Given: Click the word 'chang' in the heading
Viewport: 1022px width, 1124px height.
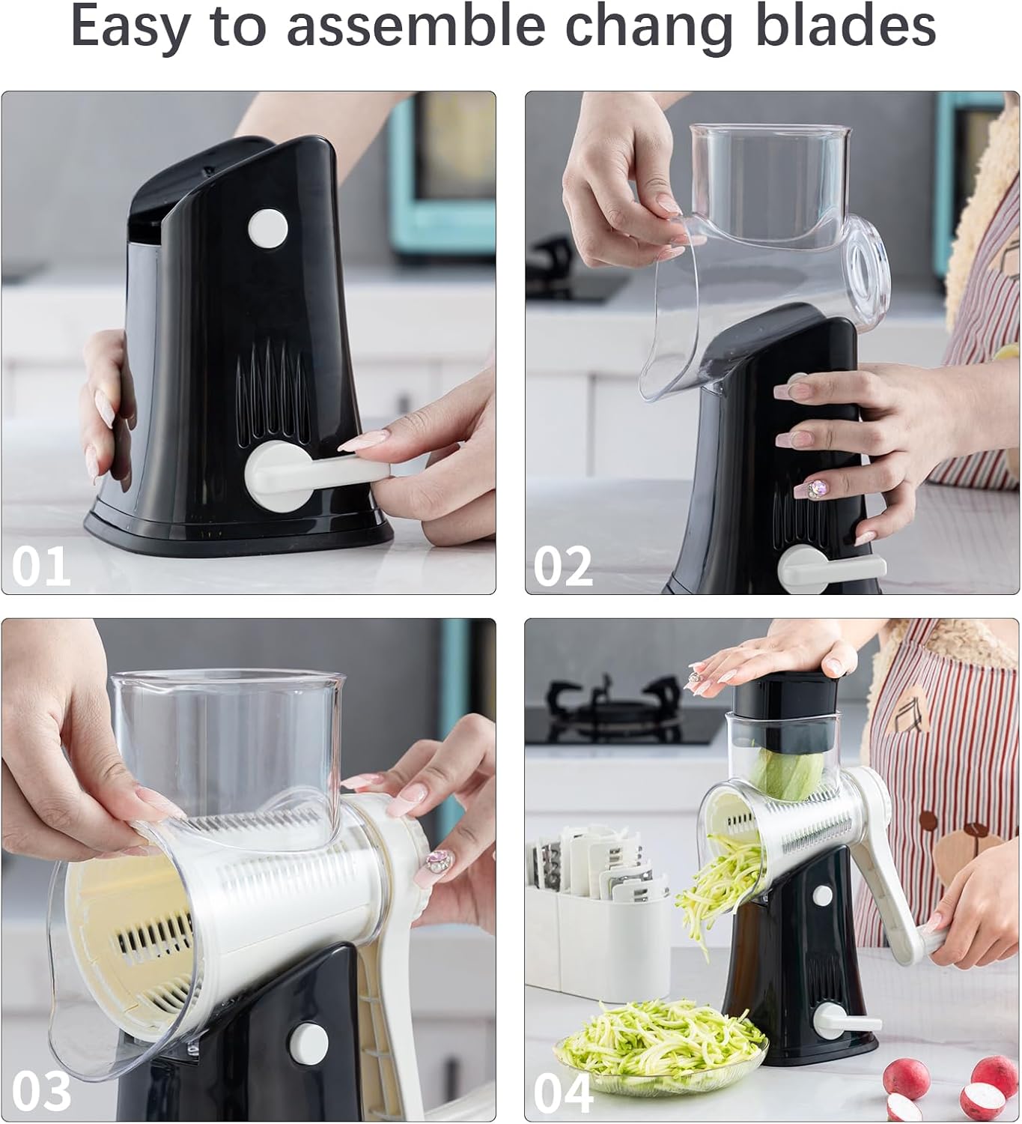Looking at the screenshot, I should [x=648, y=28].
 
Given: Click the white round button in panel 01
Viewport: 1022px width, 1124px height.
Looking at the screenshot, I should [x=267, y=226].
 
